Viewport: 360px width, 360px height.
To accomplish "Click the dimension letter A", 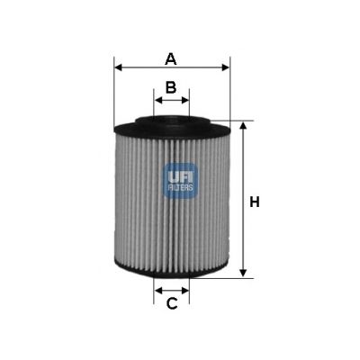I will (x=170, y=59).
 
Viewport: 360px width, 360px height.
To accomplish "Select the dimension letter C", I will (x=171, y=303).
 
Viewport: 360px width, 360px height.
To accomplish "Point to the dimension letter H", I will (x=255, y=202).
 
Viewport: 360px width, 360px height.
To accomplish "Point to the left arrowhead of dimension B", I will (x=158, y=100).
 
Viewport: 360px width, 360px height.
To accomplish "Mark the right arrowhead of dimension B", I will (x=185, y=100).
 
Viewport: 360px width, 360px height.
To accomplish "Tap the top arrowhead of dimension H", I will (x=242, y=127).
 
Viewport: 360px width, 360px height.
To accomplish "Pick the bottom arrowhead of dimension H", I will (x=242, y=273).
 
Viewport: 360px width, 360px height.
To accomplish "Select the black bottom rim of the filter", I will (x=172, y=271).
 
